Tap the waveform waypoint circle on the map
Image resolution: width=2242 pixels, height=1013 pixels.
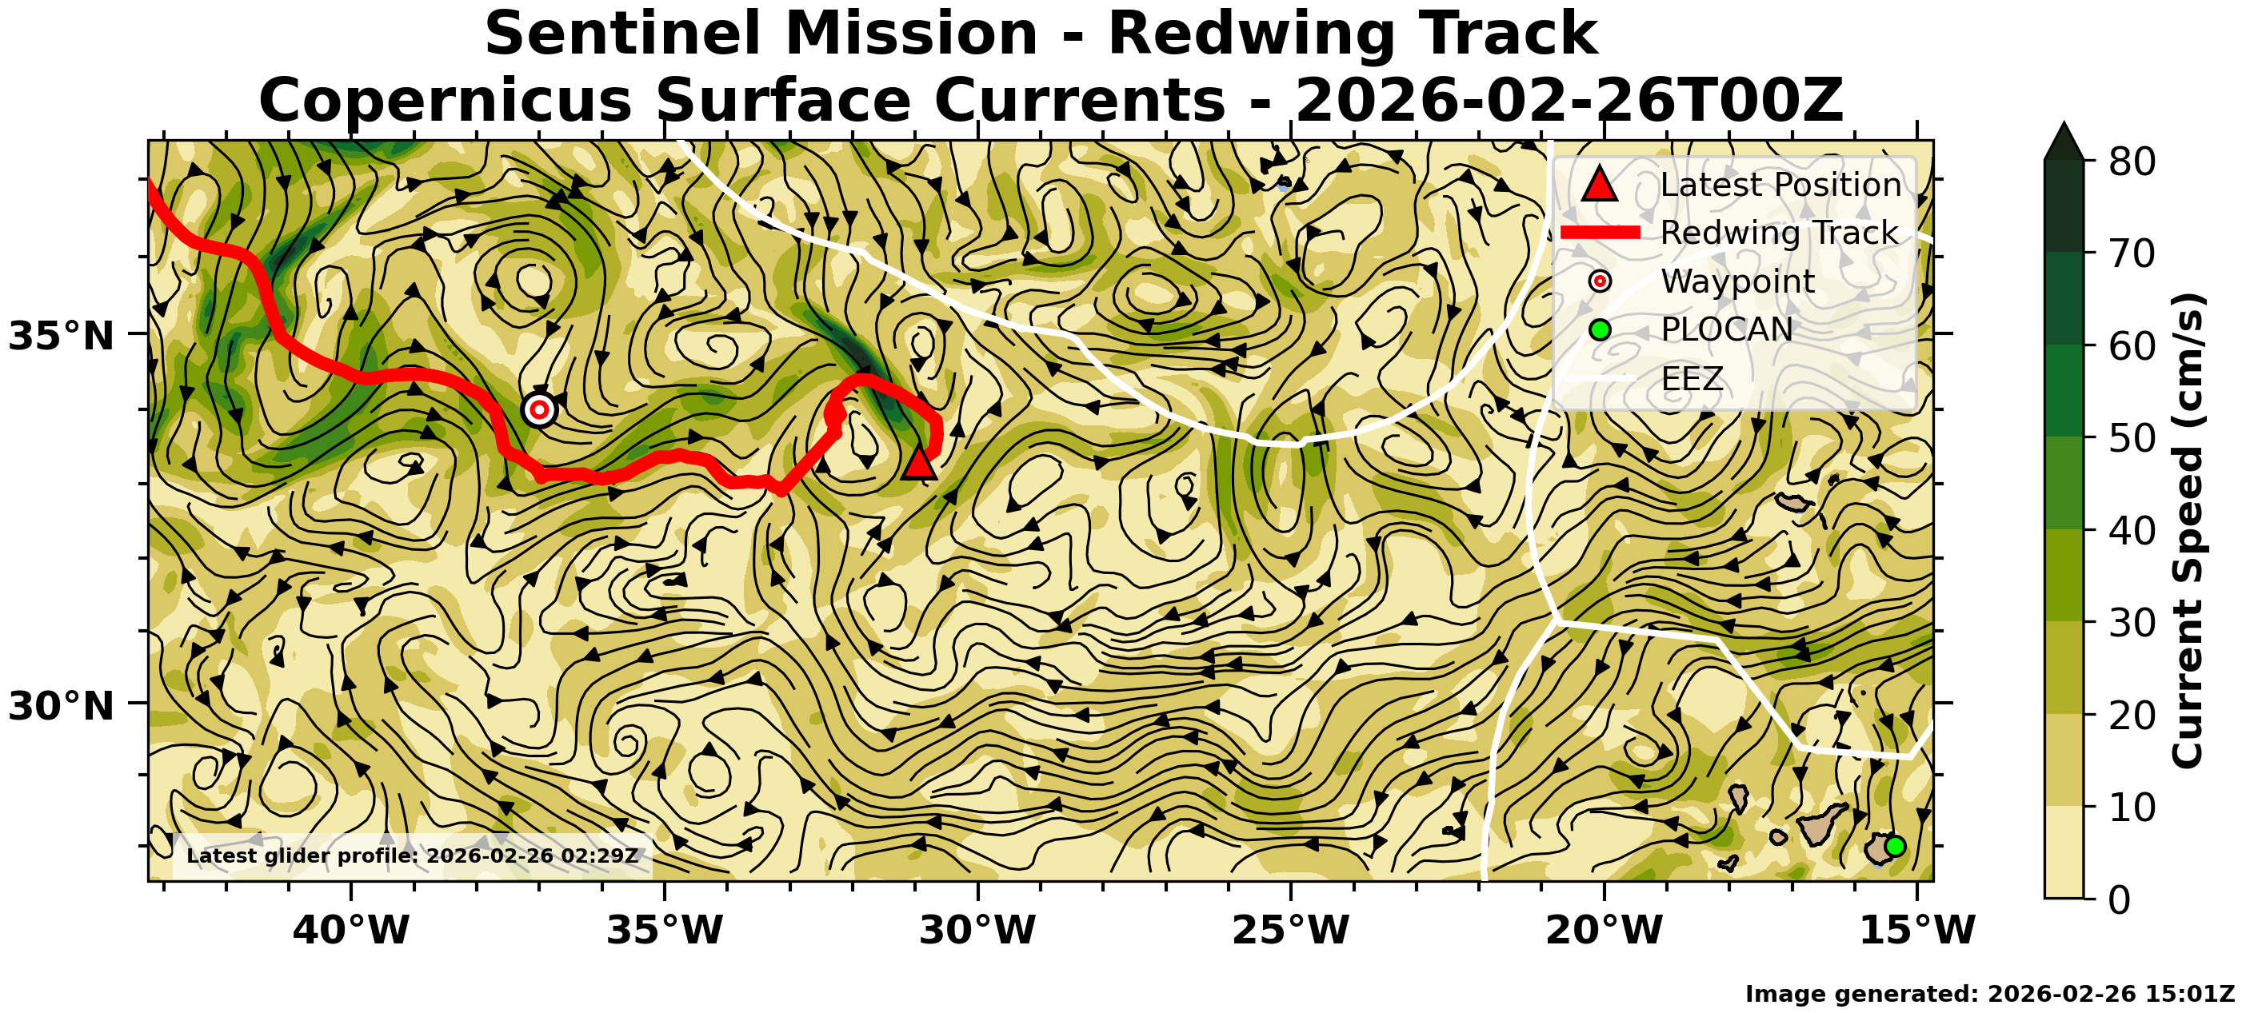(540, 409)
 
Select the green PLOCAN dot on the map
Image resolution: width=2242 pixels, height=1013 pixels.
(1895, 846)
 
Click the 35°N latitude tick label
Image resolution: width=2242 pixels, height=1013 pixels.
(61, 336)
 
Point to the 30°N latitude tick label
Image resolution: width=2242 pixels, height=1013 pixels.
(61, 706)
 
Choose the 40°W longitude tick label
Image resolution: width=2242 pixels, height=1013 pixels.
(351, 931)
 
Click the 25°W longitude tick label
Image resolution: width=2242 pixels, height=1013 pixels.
(1291, 931)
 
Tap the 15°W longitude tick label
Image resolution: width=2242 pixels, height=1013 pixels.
(1917, 931)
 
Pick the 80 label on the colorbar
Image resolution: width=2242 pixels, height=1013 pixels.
(2132, 162)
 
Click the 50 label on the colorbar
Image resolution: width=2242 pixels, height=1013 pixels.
(2132, 439)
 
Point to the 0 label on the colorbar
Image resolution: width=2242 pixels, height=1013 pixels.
(2120, 899)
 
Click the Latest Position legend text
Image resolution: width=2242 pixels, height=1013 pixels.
(1780, 185)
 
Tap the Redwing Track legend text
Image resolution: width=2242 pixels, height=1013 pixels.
(1779, 233)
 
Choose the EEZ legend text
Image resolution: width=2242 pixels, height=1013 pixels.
(1692, 380)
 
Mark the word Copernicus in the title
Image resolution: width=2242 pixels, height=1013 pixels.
(445, 100)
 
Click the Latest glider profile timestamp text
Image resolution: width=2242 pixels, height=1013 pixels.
(413, 855)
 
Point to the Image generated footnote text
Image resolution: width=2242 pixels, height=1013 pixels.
(1989, 994)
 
